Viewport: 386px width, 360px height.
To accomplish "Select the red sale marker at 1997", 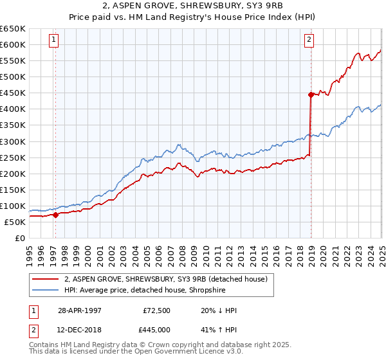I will [x=55, y=215].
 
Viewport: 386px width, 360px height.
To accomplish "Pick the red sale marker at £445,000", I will [x=311, y=94].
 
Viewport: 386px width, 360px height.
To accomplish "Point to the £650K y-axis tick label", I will [x=13, y=29].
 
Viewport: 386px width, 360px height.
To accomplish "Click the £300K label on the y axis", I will [x=13, y=141].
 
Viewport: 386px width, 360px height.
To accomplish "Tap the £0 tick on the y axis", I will [x=21, y=238].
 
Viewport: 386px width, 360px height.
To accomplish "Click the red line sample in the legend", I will [x=46, y=278].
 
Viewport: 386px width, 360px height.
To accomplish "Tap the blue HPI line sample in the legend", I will [x=46, y=290].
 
